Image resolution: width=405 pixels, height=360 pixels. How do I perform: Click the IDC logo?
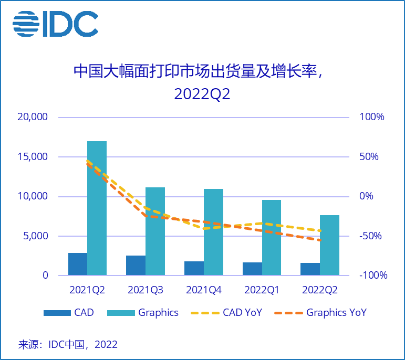pos(55,24)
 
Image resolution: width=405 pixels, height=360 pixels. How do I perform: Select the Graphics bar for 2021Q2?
pos(97,208)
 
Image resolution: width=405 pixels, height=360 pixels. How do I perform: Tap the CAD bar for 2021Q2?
pos(78,264)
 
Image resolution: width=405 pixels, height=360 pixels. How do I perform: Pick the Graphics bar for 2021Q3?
pos(155,231)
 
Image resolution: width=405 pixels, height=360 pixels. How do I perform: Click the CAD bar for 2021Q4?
pos(194,268)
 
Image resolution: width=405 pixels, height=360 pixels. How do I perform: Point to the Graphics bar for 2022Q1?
pos(272,237)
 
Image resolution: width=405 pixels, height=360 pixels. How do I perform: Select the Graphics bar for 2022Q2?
pos(329,245)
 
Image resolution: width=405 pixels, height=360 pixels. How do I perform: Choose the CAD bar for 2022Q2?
pos(310,269)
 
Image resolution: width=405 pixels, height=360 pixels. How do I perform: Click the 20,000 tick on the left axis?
pos(33,117)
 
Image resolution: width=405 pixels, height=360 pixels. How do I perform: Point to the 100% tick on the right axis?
pos(371,117)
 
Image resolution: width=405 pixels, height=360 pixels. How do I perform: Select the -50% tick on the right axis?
pos(371,236)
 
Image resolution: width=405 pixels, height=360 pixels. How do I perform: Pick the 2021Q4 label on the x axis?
pos(204,290)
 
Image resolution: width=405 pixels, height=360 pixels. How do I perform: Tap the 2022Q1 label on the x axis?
pos(262,290)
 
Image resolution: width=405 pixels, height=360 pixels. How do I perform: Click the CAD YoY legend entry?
pos(242,313)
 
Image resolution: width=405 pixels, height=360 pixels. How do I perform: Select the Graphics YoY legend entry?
pos(336,313)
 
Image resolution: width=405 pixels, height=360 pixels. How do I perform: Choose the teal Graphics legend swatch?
pos(120,313)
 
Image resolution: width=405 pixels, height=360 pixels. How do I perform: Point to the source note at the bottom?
pos(68,345)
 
